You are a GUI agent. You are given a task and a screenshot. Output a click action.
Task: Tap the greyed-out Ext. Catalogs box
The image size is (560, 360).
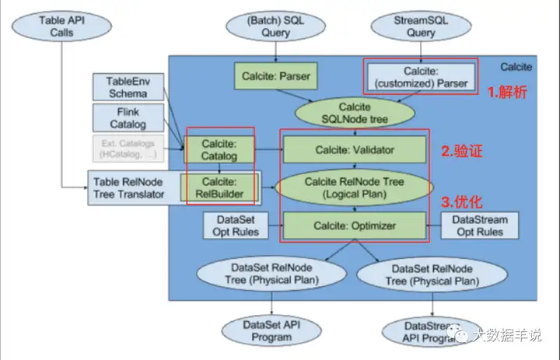tap(127, 149)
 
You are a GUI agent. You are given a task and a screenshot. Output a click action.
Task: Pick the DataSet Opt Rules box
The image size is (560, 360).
tap(230, 225)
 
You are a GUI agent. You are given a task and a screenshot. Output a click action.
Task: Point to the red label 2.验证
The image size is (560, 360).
tap(462, 152)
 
